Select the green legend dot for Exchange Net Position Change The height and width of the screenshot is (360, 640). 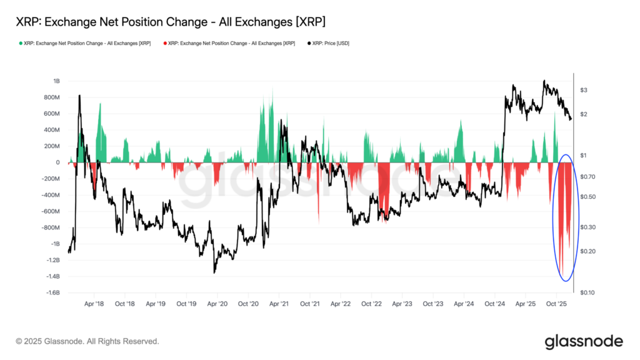click(21, 43)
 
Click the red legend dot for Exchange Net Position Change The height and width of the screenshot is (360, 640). click(165, 43)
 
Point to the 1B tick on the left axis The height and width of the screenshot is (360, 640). click(56, 81)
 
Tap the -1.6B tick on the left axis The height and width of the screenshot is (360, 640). click(51, 292)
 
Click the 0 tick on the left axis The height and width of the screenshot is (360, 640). click(57, 162)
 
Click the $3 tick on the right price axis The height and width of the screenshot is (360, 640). click(584, 91)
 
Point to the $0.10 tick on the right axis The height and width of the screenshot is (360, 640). click(587, 292)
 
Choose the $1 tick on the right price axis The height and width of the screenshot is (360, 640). click(584, 155)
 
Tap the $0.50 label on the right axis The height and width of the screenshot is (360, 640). click(587, 197)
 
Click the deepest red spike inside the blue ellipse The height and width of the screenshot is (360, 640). click(561, 275)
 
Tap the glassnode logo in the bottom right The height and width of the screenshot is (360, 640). click(583, 341)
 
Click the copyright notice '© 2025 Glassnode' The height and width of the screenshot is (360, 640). click(87, 341)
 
